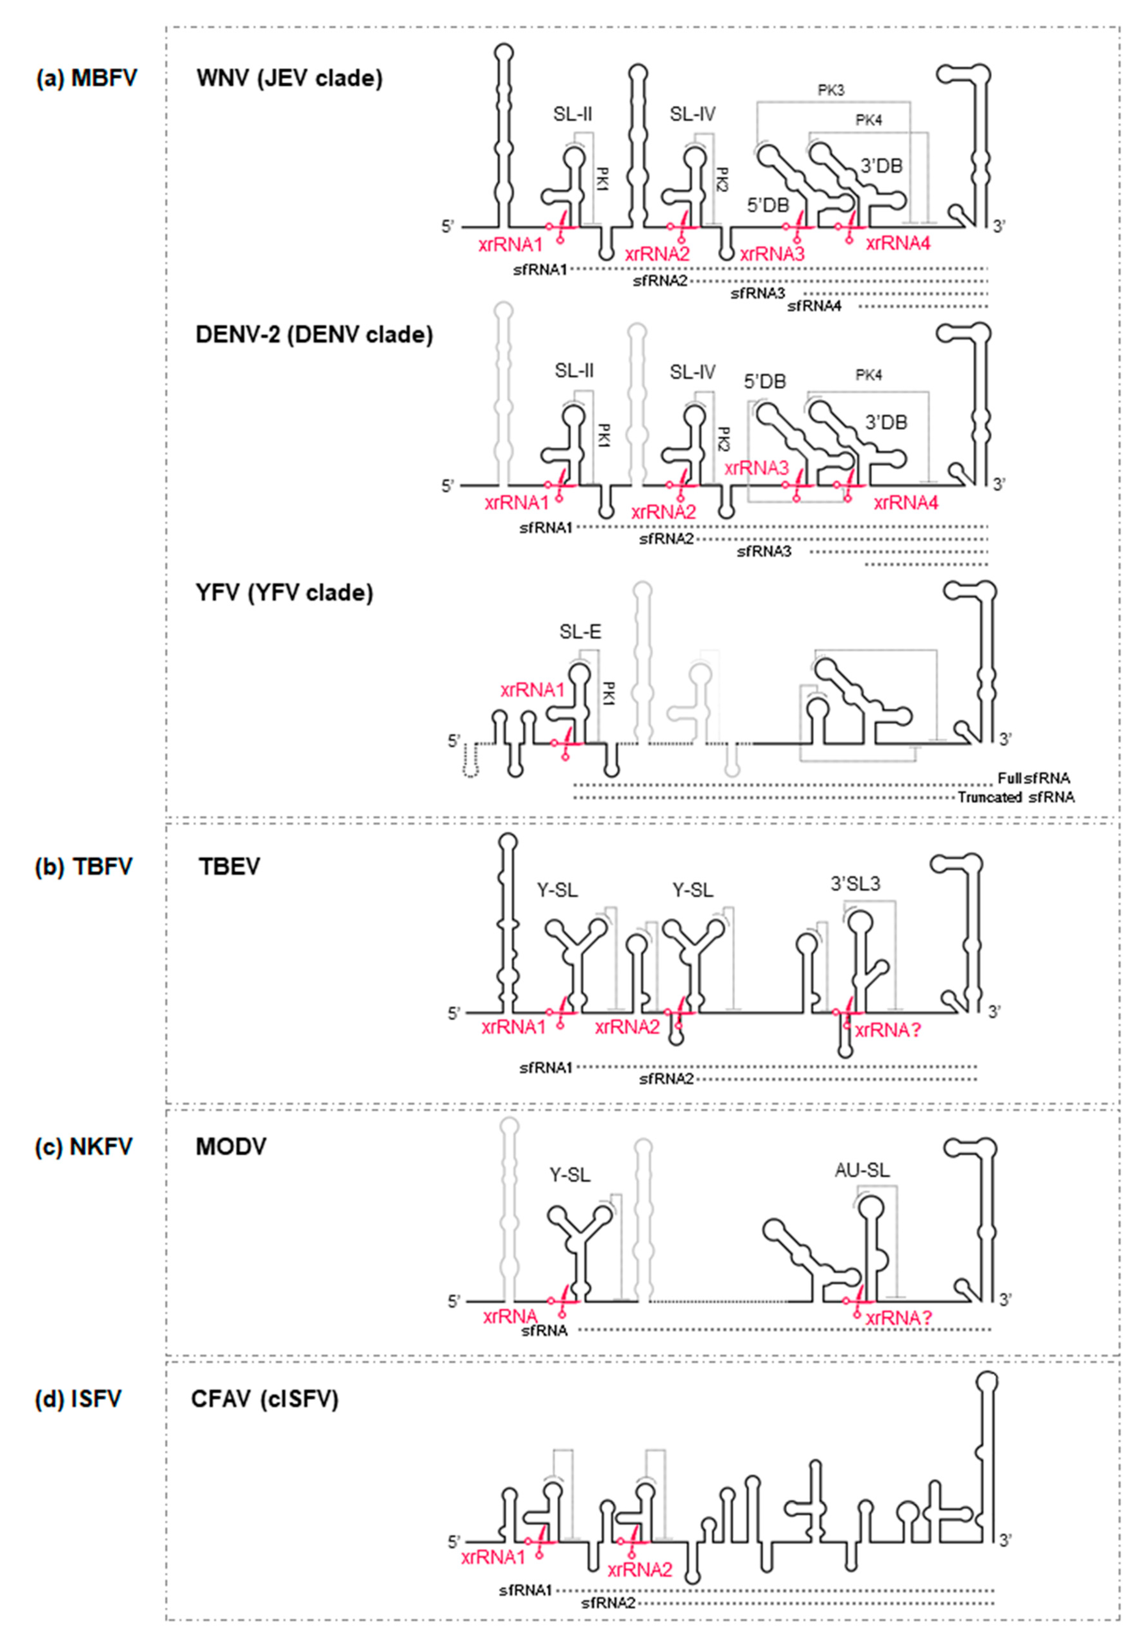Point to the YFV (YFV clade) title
click(284, 593)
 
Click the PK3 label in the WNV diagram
click(831, 91)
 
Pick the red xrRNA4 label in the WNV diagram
click(898, 243)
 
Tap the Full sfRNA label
click(1034, 778)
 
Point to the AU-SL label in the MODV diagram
click(862, 1170)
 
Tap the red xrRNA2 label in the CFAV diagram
click(640, 1570)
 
